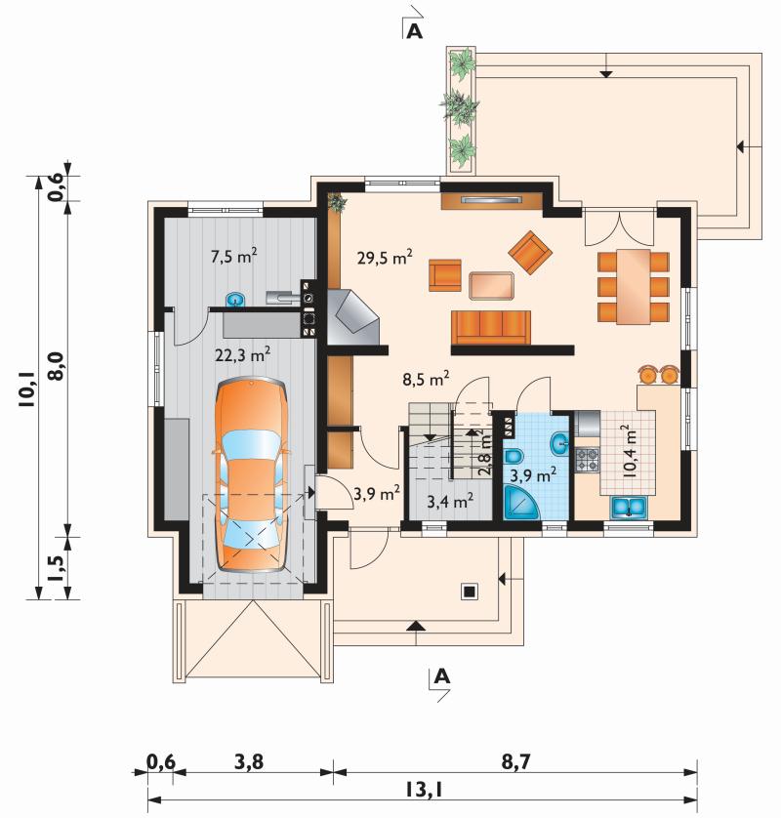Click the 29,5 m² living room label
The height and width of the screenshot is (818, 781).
point(385,256)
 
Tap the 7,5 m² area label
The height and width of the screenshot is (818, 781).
point(233,256)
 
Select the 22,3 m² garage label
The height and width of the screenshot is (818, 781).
point(242,354)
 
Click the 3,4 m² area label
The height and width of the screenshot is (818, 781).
point(450,502)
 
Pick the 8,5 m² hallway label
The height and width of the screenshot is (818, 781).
point(426,380)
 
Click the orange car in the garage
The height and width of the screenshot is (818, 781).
point(252,474)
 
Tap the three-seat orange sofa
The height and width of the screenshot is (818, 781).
point(491,328)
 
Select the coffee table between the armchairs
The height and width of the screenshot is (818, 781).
point(491,285)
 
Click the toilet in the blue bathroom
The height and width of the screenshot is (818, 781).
point(514,457)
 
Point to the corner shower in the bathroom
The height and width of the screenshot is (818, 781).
point(521,502)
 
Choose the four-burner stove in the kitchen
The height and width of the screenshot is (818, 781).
point(587,460)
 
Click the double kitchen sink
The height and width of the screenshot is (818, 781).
point(629,508)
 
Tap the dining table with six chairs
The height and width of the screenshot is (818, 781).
point(634,286)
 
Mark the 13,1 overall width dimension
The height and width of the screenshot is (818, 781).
point(423,791)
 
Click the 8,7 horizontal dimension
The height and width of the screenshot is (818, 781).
point(515,762)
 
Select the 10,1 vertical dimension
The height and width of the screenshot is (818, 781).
point(27,389)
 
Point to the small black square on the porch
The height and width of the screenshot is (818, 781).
point(469,592)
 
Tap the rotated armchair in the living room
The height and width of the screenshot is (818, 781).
point(530,253)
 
